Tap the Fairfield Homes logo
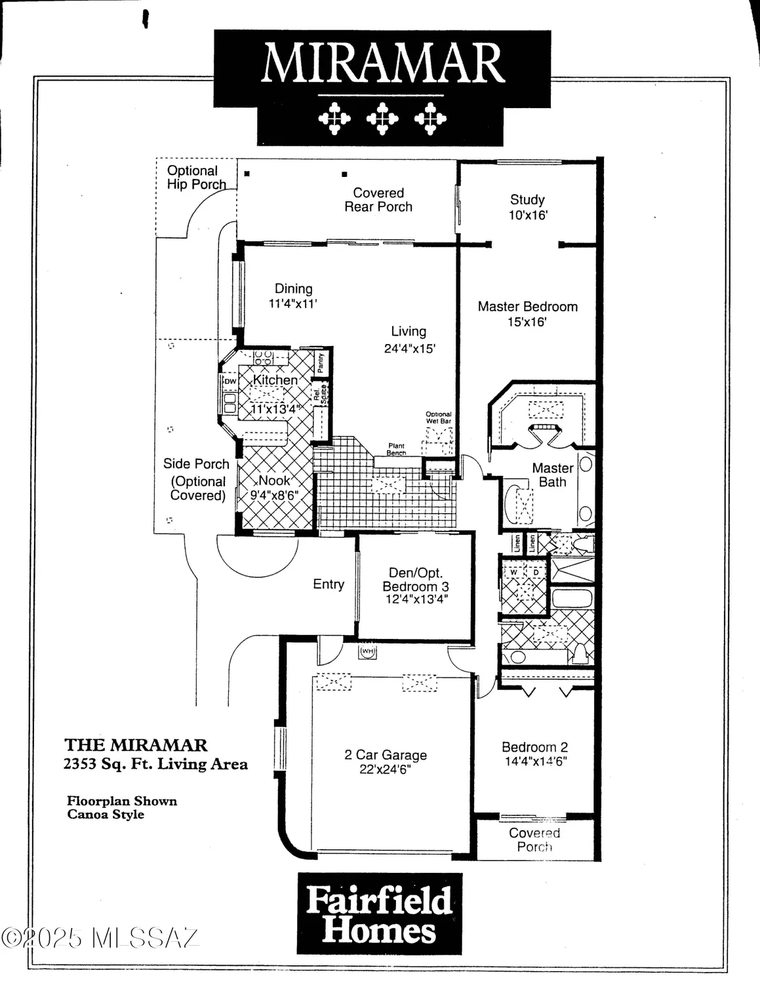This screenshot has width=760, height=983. pos(379,914)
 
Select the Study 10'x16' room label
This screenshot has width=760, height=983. pos(527,207)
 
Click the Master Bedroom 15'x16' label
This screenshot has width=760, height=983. pos(527,314)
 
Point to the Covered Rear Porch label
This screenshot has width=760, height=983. pos(378,200)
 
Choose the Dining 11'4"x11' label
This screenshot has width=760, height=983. pos(293,296)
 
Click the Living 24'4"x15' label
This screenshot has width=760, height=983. pos(409,339)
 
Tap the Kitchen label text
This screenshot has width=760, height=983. pos(275,380)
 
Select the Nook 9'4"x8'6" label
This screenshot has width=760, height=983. pos(274,488)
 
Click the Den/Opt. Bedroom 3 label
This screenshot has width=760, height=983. pos(416,586)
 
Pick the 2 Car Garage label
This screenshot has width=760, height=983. pos(385,761)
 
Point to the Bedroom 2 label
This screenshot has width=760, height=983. pos(534,754)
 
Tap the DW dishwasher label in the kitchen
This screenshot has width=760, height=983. pos(230,381)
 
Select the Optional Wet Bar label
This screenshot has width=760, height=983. pos(439,417)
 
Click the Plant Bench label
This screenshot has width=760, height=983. pos(396,450)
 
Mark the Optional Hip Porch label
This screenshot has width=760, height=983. pos(195,178)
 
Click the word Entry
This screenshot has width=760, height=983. pos(329,584)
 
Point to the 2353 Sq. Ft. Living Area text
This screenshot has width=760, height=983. pos(155,763)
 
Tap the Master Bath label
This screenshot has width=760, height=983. pos(552,474)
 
